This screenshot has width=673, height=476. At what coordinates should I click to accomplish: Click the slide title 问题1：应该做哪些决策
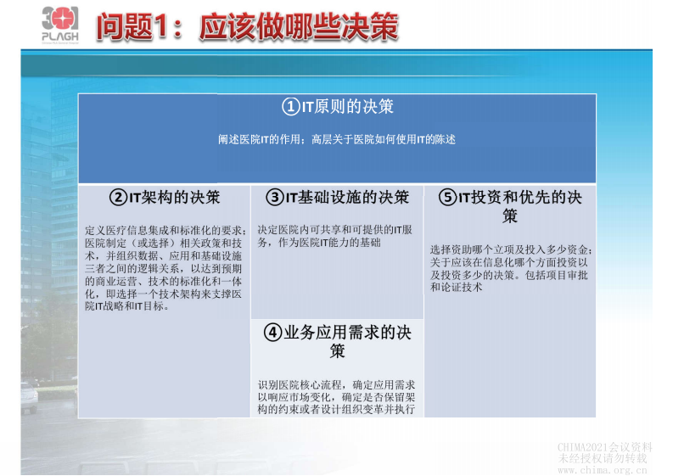point(247,26)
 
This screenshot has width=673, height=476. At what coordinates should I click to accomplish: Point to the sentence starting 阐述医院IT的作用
point(336,139)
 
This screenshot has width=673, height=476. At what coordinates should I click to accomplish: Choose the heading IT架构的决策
point(174,198)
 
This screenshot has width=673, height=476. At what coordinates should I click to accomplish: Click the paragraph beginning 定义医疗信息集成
point(165,268)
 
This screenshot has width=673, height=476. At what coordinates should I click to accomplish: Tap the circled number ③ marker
point(273,198)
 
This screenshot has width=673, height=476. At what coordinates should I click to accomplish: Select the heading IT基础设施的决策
point(346,198)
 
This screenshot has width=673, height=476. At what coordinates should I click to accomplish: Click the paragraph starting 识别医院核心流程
point(336,397)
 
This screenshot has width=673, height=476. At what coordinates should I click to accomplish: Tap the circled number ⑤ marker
point(446,198)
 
